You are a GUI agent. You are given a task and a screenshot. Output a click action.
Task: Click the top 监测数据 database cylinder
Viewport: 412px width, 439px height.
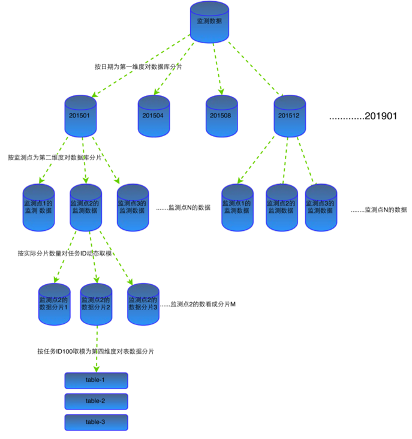(x=210, y=22)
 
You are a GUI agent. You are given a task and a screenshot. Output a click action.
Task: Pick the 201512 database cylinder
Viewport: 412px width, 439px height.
(x=291, y=115)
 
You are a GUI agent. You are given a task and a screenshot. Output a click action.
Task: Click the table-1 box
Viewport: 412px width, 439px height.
(x=96, y=380)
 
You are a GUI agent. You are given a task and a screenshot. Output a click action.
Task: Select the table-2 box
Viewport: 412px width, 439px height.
(x=96, y=401)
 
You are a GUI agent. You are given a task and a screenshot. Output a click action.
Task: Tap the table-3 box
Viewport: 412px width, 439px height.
(x=96, y=422)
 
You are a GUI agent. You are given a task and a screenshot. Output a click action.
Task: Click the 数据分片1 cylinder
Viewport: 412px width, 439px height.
(x=54, y=303)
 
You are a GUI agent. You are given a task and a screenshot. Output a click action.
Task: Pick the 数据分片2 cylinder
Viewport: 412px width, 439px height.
(x=96, y=303)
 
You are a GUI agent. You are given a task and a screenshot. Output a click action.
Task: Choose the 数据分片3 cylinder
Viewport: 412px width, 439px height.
(x=143, y=303)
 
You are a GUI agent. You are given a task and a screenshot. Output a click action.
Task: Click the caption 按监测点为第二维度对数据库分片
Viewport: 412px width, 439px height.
(x=55, y=157)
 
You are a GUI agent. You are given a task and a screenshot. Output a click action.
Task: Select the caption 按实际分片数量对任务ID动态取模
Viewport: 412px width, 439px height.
(x=65, y=254)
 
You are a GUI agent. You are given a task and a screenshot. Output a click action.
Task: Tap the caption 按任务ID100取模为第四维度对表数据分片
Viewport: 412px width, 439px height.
(x=95, y=351)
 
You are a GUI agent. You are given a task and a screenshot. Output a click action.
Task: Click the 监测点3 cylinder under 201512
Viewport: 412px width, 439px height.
(x=320, y=208)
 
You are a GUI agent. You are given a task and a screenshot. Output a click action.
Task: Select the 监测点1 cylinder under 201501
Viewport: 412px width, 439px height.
(x=39, y=208)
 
